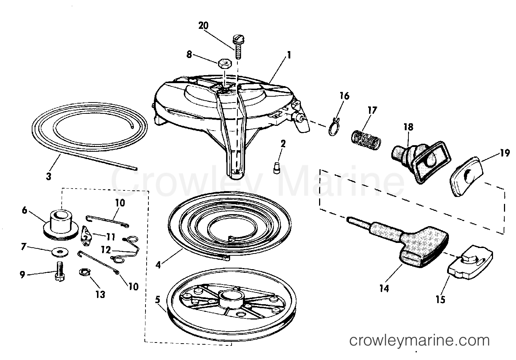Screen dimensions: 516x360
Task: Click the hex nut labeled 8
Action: point(225,63)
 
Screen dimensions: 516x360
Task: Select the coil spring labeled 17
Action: point(366,140)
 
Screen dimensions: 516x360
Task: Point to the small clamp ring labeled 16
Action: point(335,127)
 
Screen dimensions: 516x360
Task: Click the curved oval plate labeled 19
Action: point(466,177)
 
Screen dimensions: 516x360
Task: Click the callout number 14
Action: point(384,289)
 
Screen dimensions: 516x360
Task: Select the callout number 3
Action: point(49,176)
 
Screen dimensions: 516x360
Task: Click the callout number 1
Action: point(289,55)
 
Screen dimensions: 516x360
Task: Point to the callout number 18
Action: point(408,127)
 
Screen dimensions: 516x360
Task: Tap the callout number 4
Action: point(158,265)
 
